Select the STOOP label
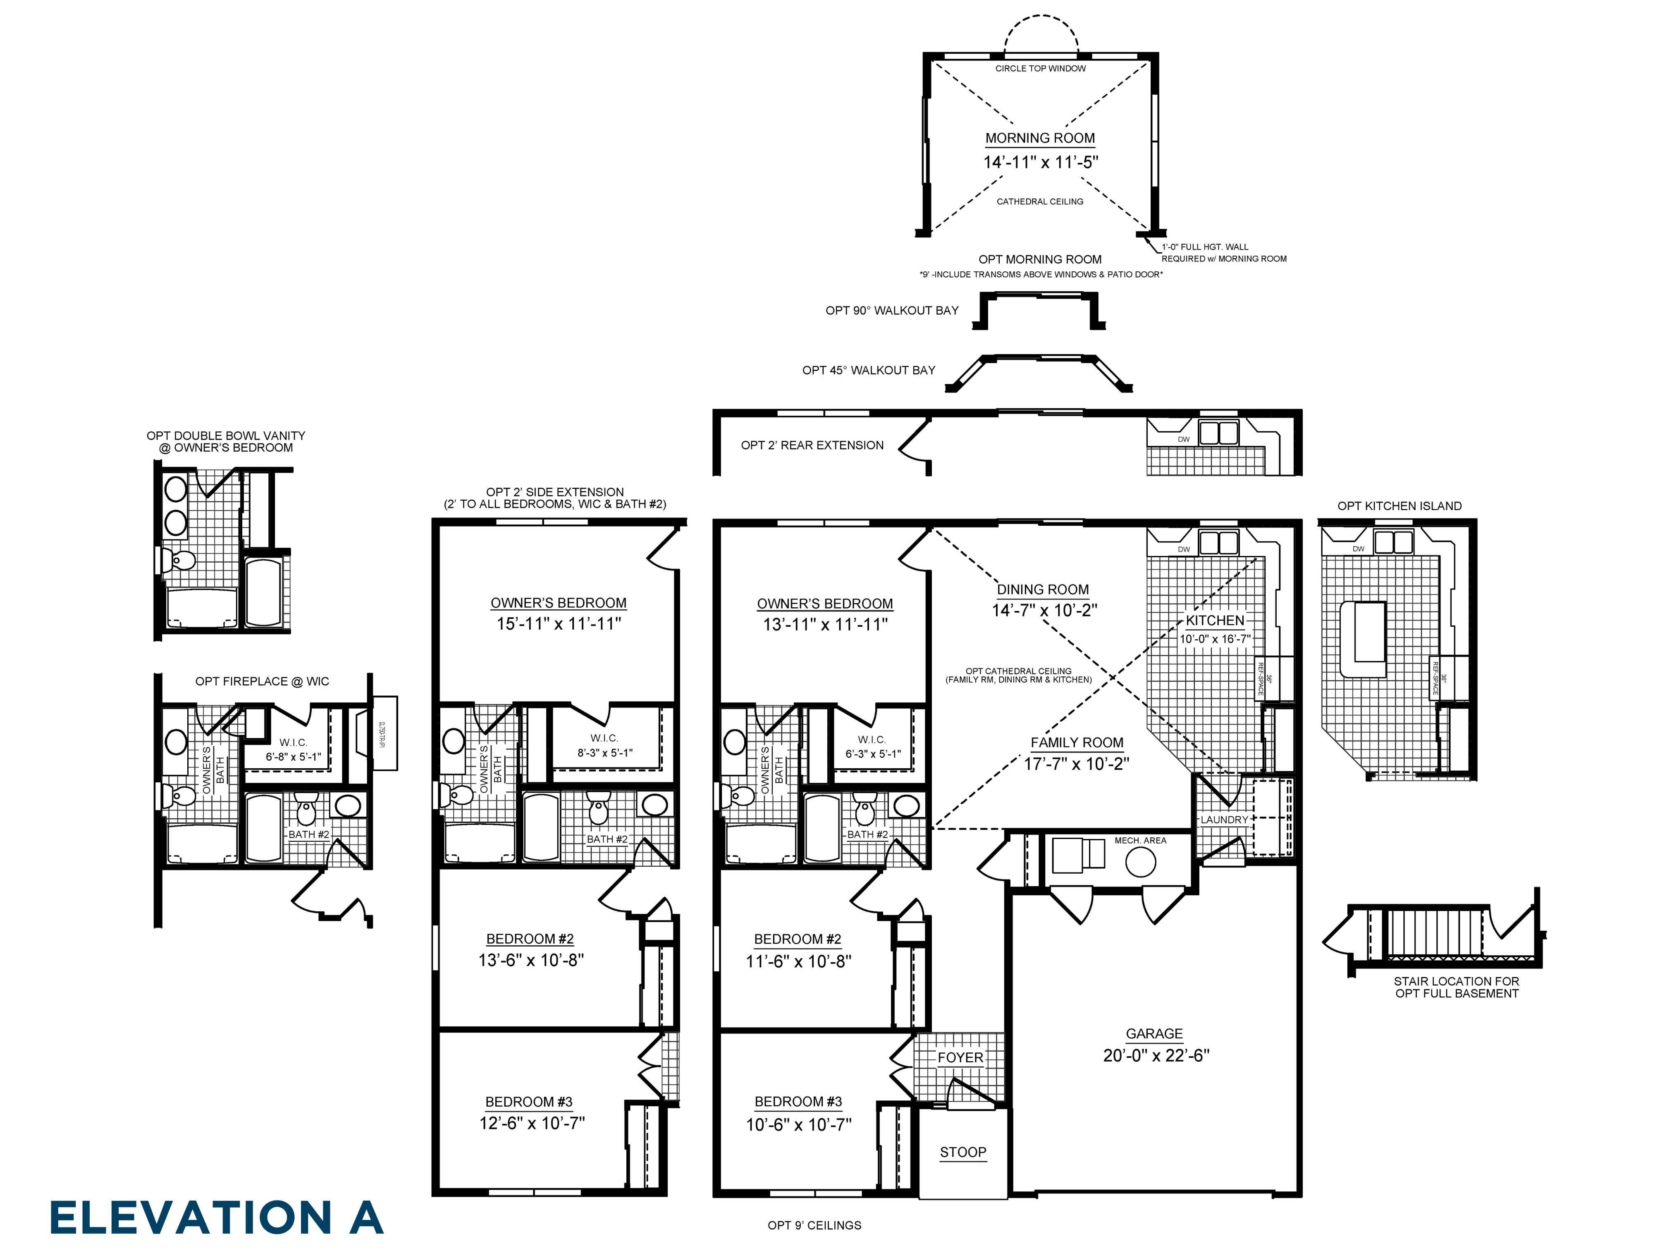(x=962, y=1152)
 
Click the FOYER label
(x=960, y=1058)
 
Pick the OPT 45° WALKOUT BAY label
(x=868, y=370)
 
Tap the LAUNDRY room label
(x=1224, y=820)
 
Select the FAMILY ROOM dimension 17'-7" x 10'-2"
(x=1076, y=764)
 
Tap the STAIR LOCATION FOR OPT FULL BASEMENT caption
(x=1456, y=987)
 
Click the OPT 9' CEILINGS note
(x=814, y=1225)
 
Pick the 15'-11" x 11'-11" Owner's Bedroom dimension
(x=559, y=623)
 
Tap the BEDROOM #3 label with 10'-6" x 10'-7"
(x=798, y=1102)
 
